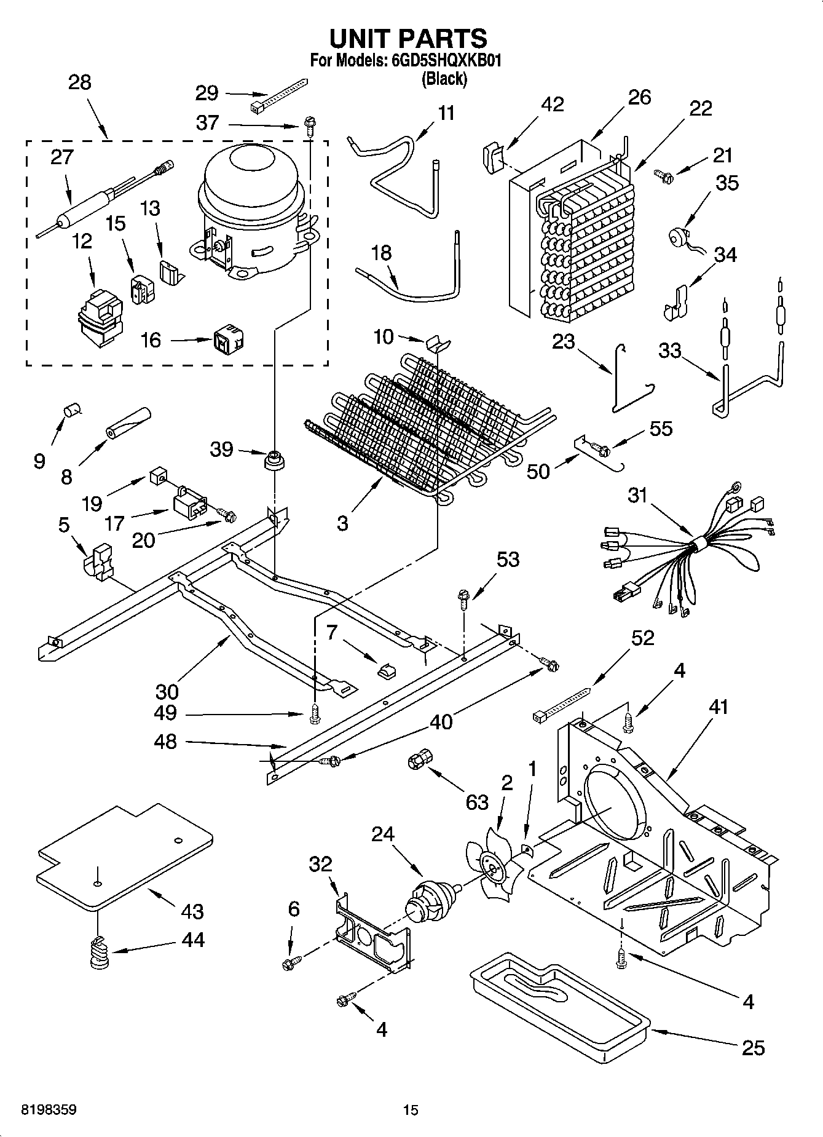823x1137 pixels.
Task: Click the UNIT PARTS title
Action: pyautogui.click(x=408, y=38)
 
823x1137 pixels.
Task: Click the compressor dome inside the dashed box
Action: pyautogui.click(x=252, y=178)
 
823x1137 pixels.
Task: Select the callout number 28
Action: pyautogui.click(x=80, y=82)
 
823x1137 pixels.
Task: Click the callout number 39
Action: pyautogui.click(x=221, y=450)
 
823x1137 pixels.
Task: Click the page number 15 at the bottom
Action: pyautogui.click(x=411, y=1109)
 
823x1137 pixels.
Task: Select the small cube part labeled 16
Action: pyautogui.click(x=228, y=339)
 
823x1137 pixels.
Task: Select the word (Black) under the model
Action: pyautogui.click(x=444, y=79)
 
